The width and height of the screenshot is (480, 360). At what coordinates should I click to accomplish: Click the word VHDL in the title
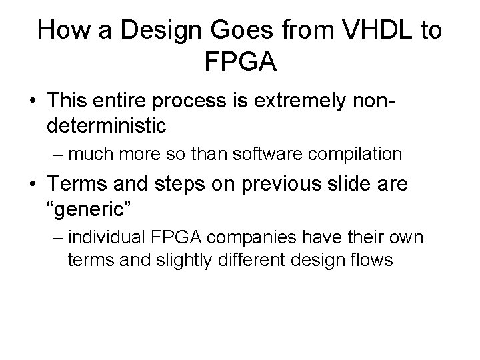(x=369, y=31)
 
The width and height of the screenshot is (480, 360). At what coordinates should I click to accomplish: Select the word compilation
(x=354, y=154)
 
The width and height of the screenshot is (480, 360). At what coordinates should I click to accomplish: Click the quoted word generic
(x=96, y=205)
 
